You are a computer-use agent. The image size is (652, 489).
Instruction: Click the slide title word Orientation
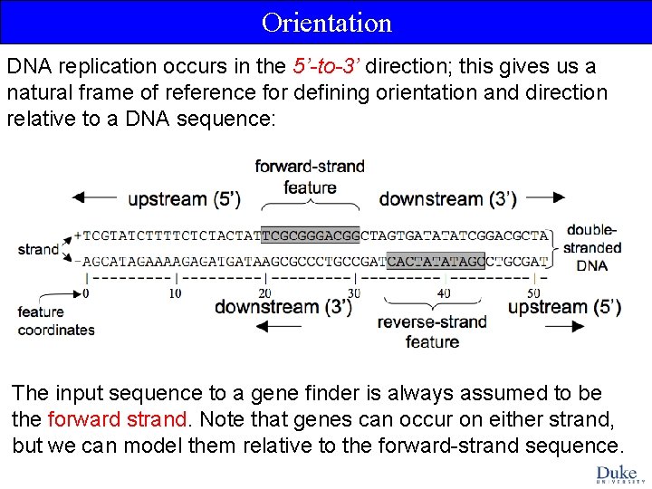click(326, 22)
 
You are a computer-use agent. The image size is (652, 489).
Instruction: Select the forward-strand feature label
click(310, 177)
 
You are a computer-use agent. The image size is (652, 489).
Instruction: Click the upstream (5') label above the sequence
click(184, 198)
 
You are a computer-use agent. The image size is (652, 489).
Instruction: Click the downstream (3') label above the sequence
click(447, 198)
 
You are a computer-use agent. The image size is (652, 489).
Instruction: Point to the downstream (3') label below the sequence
click(283, 307)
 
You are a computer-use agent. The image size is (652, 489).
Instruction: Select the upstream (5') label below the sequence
click(564, 307)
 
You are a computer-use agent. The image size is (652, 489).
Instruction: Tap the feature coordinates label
click(55, 321)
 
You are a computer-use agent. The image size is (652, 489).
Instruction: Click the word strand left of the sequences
click(38, 249)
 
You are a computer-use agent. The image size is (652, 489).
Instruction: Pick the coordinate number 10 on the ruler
click(175, 293)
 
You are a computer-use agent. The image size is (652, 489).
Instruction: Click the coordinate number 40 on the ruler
click(444, 293)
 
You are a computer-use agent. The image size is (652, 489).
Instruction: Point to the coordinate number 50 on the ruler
click(533, 293)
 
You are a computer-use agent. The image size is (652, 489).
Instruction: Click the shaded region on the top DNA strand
click(310, 235)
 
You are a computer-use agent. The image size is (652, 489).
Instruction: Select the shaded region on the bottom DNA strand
click(436, 261)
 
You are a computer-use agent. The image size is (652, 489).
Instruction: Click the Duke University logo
click(617, 474)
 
